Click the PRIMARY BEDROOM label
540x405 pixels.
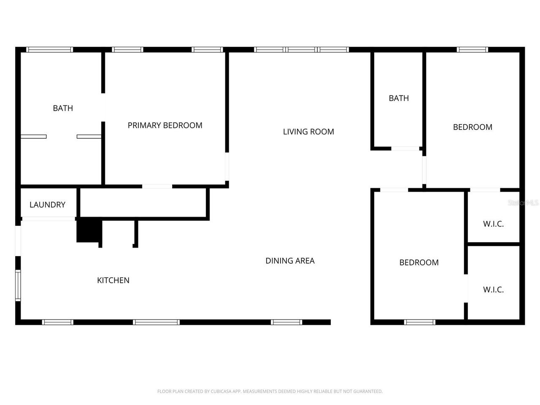click(x=165, y=125)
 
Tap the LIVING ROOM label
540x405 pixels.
click(x=308, y=132)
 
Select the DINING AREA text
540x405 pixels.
click(x=290, y=261)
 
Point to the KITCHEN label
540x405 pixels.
click(x=113, y=280)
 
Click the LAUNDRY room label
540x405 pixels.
click(x=47, y=205)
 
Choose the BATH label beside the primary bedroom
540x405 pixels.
click(x=63, y=108)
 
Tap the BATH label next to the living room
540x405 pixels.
click(x=399, y=98)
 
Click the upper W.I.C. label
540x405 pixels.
click(x=493, y=224)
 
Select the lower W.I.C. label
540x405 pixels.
click(x=493, y=290)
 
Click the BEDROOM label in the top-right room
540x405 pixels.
click(x=472, y=127)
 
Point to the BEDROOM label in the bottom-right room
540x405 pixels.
click(x=419, y=262)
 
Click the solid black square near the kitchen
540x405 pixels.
click(x=89, y=230)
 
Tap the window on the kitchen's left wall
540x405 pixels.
click(x=18, y=286)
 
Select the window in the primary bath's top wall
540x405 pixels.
click(x=50, y=50)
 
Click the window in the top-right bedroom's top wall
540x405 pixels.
click(x=472, y=50)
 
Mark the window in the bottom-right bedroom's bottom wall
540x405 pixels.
click(x=420, y=322)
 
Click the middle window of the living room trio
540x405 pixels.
click(x=301, y=50)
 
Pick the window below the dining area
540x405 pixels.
click(x=286, y=322)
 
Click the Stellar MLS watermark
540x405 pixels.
click(x=523, y=203)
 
